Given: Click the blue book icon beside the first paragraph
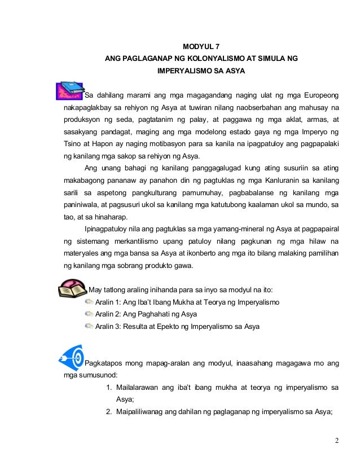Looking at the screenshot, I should coord(70,90).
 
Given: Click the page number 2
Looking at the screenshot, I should coord(336,440).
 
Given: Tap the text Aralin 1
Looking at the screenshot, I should coord(109,302).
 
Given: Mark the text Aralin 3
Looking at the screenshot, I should coord(109,327).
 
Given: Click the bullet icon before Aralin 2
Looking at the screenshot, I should coord(89,314).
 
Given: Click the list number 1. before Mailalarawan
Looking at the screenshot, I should coord(109,388).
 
